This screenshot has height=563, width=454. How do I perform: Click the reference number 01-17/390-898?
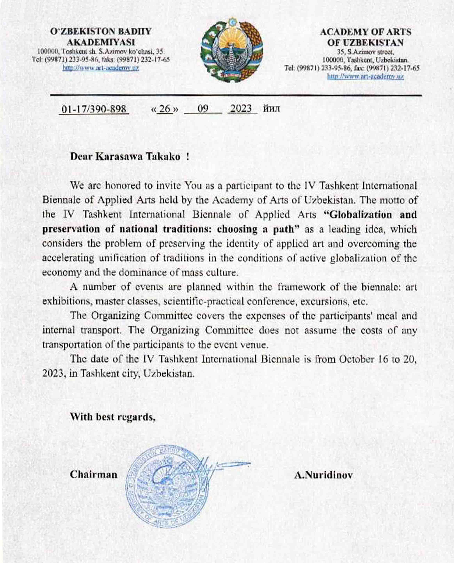click(94, 109)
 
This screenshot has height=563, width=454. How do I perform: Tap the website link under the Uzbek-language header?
click(101, 68)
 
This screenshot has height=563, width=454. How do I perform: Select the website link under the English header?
click(365, 77)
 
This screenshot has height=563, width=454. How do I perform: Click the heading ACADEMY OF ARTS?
click(365, 32)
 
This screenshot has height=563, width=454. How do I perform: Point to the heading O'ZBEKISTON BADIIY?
click(101, 31)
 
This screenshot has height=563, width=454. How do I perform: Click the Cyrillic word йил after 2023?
click(271, 109)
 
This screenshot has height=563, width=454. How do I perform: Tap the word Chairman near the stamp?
click(94, 475)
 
